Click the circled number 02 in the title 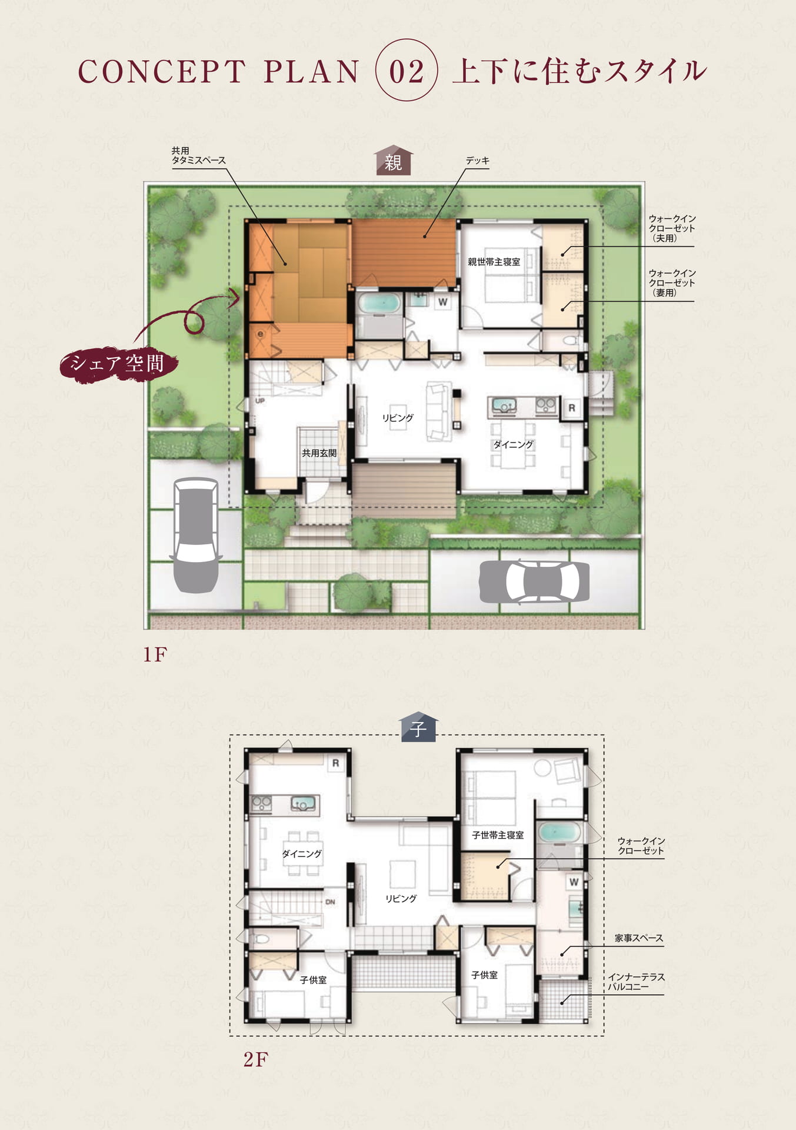(x=407, y=71)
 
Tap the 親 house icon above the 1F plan (x=394, y=160)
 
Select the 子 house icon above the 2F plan (x=418, y=727)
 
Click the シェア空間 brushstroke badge (x=118, y=364)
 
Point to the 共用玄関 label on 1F (x=319, y=453)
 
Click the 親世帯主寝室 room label (x=494, y=262)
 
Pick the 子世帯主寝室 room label (x=498, y=835)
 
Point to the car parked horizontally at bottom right (x=534, y=581)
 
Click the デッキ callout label (x=478, y=161)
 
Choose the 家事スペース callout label (x=639, y=938)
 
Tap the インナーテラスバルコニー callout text (x=636, y=982)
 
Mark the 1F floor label (x=155, y=654)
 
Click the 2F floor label (x=255, y=1059)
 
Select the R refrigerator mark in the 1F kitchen (x=571, y=408)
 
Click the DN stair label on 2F (x=330, y=902)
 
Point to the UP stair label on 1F (x=260, y=401)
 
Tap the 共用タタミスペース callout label (x=198, y=155)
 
